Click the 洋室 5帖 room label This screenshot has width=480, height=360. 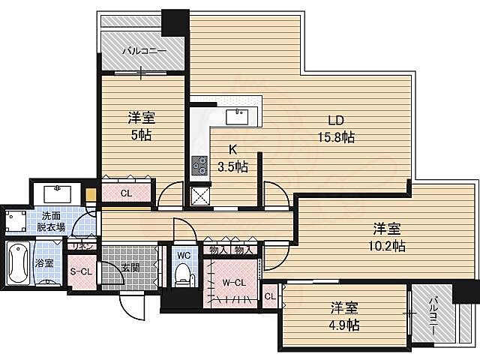coord(142,125)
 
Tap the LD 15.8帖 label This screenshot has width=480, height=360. coord(334,129)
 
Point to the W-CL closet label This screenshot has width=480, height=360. coord(235,283)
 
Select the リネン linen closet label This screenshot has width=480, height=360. coord(81,245)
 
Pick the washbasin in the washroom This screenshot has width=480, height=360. coord(58,192)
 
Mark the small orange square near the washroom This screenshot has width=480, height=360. coord(91,197)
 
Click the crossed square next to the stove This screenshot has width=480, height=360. coord(200,196)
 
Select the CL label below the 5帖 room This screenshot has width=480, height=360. coord(126,193)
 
